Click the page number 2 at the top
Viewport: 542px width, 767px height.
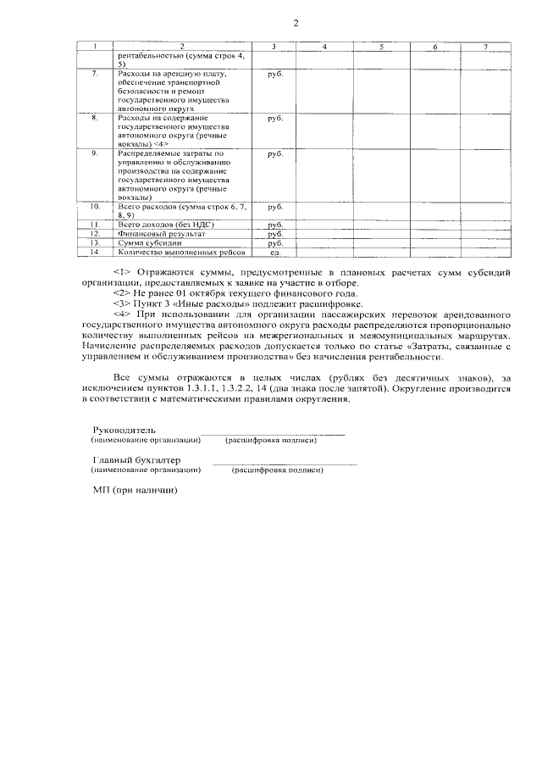(x=296, y=23)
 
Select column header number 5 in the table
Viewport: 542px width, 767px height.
(x=382, y=46)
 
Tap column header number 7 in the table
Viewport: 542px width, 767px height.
(x=485, y=46)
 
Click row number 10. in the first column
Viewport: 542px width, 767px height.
(x=96, y=207)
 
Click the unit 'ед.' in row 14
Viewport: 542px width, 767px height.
(x=274, y=253)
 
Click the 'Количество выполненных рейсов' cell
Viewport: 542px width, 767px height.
(x=181, y=253)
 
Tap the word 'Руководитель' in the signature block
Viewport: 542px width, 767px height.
(x=124, y=430)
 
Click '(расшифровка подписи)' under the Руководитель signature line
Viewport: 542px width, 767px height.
(x=271, y=440)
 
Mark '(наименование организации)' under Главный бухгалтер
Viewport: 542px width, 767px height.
(x=146, y=469)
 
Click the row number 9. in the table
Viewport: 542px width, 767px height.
(x=95, y=153)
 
